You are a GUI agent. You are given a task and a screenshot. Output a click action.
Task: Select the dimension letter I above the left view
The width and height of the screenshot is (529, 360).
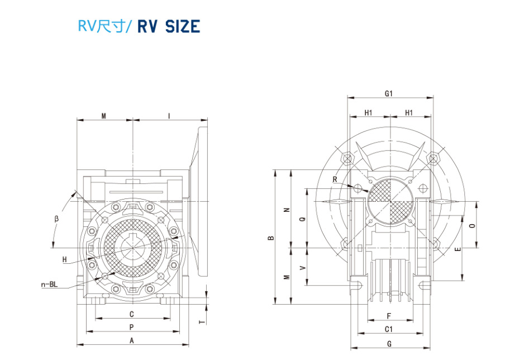(169, 116)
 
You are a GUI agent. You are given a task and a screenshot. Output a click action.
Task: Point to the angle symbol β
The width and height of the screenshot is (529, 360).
(56, 218)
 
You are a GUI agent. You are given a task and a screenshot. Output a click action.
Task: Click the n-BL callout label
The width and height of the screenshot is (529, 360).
(50, 285)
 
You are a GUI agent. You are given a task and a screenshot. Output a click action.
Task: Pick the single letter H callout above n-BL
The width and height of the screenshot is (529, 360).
(65, 259)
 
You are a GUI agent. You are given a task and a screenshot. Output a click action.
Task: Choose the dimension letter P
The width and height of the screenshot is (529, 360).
(131, 327)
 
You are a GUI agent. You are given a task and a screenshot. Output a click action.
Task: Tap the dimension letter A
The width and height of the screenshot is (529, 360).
(132, 340)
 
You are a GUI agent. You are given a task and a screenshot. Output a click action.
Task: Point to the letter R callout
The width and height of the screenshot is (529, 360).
(334, 179)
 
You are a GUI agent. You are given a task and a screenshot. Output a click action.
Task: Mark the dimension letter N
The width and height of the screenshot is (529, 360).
(286, 210)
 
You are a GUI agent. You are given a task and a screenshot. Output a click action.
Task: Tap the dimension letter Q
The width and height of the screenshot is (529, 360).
(302, 219)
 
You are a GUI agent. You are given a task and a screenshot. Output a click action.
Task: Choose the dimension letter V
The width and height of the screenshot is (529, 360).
(302, 268)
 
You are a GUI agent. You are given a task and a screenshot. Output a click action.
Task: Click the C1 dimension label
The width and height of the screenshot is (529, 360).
(389, 329)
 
